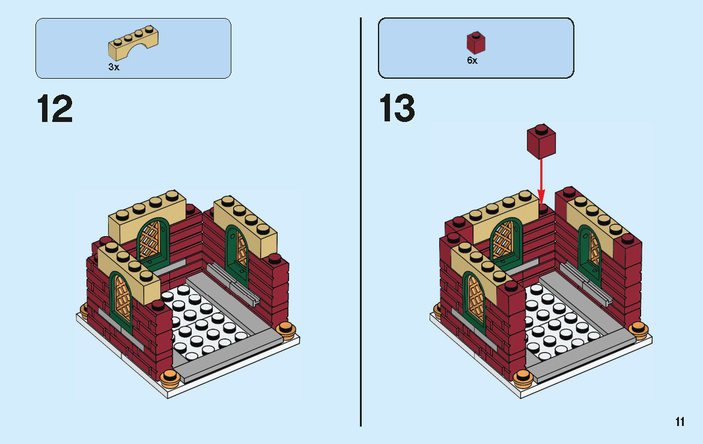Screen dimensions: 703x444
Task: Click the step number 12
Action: click(x=55, y=109)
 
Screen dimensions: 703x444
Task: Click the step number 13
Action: click(x=397, y=109)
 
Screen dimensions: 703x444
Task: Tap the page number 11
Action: click(x=680, y=422)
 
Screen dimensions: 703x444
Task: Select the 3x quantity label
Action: click(x=114, y=67)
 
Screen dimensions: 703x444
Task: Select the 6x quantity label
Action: click(x=472, y=61)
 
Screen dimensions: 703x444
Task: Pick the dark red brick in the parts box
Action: click(x=476, y=42)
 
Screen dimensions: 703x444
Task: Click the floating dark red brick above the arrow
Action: click(x=541, y=141)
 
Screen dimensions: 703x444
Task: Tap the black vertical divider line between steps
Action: click(x=361, y=222)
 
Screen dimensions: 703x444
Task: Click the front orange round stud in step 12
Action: click(x=171, y=377)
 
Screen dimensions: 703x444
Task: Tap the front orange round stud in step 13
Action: click(x=523, y=377)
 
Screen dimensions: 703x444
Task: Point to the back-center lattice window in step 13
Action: click(x=505, y=240)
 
